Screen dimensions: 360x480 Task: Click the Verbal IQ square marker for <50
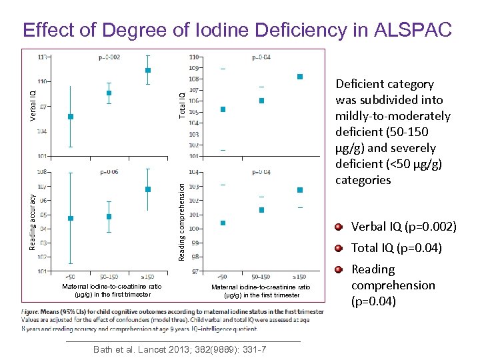[x=71, y=117]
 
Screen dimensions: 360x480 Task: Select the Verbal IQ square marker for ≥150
[x=148, y=70]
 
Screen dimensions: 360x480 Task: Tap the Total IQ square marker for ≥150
[x=300, y=77]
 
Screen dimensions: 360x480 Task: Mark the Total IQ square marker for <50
[x=223, y=109]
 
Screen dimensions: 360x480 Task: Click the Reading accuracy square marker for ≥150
[x=148, y=189]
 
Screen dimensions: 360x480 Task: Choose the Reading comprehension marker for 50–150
[x=261, y=210]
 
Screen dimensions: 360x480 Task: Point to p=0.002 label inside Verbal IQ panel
[x=109, y=57]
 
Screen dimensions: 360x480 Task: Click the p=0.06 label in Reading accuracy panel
[x=109, y=172]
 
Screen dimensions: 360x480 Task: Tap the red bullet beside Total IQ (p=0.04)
[x=339, y=249]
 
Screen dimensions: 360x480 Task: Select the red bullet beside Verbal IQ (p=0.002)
[x=339, y=227]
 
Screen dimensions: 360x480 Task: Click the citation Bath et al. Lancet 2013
[x=180, y=349]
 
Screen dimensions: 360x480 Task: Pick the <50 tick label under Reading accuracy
[x=70, y=277]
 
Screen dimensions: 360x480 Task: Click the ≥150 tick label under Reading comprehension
[x=300, y=276]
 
